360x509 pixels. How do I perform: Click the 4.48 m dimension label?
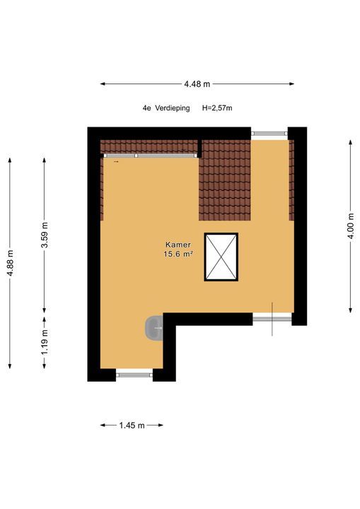click(x=197, y=84)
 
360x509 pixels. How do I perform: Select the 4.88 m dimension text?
click(x=10, y=263)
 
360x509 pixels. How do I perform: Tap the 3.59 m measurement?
click(x=45, y=240)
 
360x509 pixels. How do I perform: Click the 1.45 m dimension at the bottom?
click(x=132, y=426)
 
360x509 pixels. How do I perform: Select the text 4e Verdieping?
click(x=166, y=108)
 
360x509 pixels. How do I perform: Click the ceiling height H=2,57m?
click(x=217, y=108)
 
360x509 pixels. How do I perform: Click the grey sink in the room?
click(x=155, y=327)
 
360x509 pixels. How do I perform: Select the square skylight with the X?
click(x=221, y=257)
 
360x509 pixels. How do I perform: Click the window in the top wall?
click(x=269, y=131)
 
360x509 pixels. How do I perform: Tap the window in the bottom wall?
click(x=134, y=374)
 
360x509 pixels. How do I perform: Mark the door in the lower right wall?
click(x=272, y=319)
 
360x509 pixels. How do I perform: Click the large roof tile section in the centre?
click(x=224, y=181)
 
